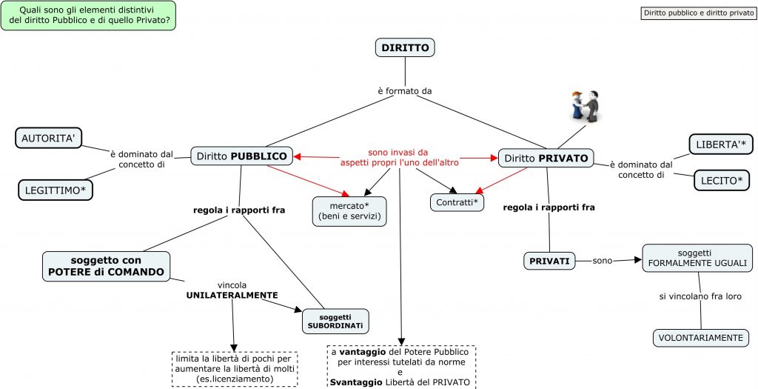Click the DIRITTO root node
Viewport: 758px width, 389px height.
point(404,48)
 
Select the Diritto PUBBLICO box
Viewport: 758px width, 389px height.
point(241,156)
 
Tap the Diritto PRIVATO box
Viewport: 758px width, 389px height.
point(547,157)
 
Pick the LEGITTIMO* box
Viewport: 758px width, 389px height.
point(56,189)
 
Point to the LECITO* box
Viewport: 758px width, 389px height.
point(722,179)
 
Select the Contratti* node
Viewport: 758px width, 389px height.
point(456,202)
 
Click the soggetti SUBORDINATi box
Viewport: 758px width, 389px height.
point(335,321)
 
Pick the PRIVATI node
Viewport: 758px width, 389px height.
point(549,261)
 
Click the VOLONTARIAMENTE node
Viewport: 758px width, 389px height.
point(700,338)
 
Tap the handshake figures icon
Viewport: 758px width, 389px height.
point(586,105)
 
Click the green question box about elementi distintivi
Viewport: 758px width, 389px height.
point(89,16)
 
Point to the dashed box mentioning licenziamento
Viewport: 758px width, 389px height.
point(235,368)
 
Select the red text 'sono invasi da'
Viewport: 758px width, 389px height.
point(398,151)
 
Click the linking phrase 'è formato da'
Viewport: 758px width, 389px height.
point(404,91)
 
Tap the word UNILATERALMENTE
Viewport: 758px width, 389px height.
point(232,295)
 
